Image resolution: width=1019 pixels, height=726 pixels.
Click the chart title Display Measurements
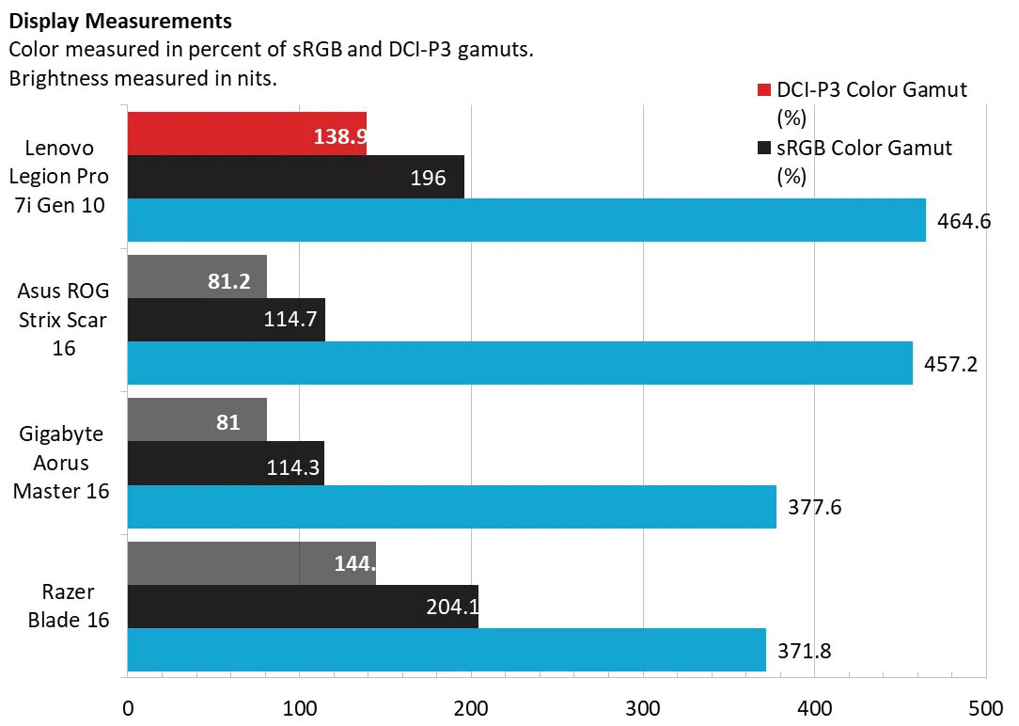[121, 20]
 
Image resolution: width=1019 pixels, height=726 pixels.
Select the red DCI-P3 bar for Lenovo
[246, 133]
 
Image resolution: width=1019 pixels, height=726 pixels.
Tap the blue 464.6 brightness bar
[525, 220]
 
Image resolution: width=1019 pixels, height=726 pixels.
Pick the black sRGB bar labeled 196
[295, 177]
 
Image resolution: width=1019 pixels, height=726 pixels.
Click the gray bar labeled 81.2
[196, 276]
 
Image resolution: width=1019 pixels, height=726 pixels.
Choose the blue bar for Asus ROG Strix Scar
[519, 363]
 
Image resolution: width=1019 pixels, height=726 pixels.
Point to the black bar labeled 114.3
[226, 463]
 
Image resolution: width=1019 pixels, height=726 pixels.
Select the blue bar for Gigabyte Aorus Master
[451, 507]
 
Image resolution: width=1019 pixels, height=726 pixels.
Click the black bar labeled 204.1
[303, 607]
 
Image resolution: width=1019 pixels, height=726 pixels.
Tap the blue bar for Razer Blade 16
[446, 650]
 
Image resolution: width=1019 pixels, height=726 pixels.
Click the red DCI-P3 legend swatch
[764, 90]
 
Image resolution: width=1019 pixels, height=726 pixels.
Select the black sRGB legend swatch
[764, 149]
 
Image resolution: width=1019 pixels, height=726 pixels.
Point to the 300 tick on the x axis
[642, 707]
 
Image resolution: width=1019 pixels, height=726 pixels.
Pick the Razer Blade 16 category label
[69, 607]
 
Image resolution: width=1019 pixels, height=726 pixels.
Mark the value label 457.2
[951, 364]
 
